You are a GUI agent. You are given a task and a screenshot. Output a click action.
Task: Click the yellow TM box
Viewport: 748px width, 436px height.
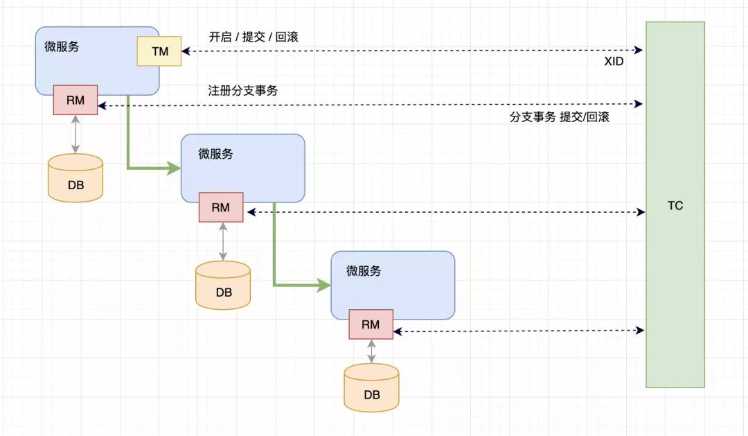tap(159, 51)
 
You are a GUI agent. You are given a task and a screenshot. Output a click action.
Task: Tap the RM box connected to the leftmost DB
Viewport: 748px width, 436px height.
tap(75, 100)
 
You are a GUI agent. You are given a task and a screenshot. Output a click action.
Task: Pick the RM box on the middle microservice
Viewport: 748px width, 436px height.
tap(221, 207)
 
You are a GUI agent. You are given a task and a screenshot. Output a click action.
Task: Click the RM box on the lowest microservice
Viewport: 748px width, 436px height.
tap(371, 324)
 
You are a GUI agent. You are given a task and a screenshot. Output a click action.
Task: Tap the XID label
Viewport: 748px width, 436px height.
tap(614, 62)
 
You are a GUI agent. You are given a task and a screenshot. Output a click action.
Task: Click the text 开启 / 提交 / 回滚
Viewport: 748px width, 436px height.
tap(253, 37)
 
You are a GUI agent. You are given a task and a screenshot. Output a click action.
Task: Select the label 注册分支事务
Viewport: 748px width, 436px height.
tap(243, 90)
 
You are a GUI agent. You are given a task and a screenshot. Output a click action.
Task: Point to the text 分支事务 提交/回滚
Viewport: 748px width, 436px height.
tap(560, 117)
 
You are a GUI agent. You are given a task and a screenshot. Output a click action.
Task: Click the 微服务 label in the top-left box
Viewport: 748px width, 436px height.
tap(62, 47)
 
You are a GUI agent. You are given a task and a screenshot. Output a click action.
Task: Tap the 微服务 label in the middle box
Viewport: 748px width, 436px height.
tap(215, 154)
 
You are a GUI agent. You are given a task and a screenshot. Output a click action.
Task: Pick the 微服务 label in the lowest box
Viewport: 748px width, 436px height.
tap(364, 271)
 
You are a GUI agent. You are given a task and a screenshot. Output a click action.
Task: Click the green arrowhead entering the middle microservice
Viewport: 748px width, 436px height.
tap(174, 168)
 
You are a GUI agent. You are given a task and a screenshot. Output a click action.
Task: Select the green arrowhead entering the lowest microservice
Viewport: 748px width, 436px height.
tap(323, 284)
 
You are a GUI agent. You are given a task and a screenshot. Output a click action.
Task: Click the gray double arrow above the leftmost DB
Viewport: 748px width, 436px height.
tap(75, 134)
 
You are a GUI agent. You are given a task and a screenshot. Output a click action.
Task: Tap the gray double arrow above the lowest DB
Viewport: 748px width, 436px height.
tap(371, 351)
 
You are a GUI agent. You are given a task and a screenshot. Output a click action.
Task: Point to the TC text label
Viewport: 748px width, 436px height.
tap(675, 206)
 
